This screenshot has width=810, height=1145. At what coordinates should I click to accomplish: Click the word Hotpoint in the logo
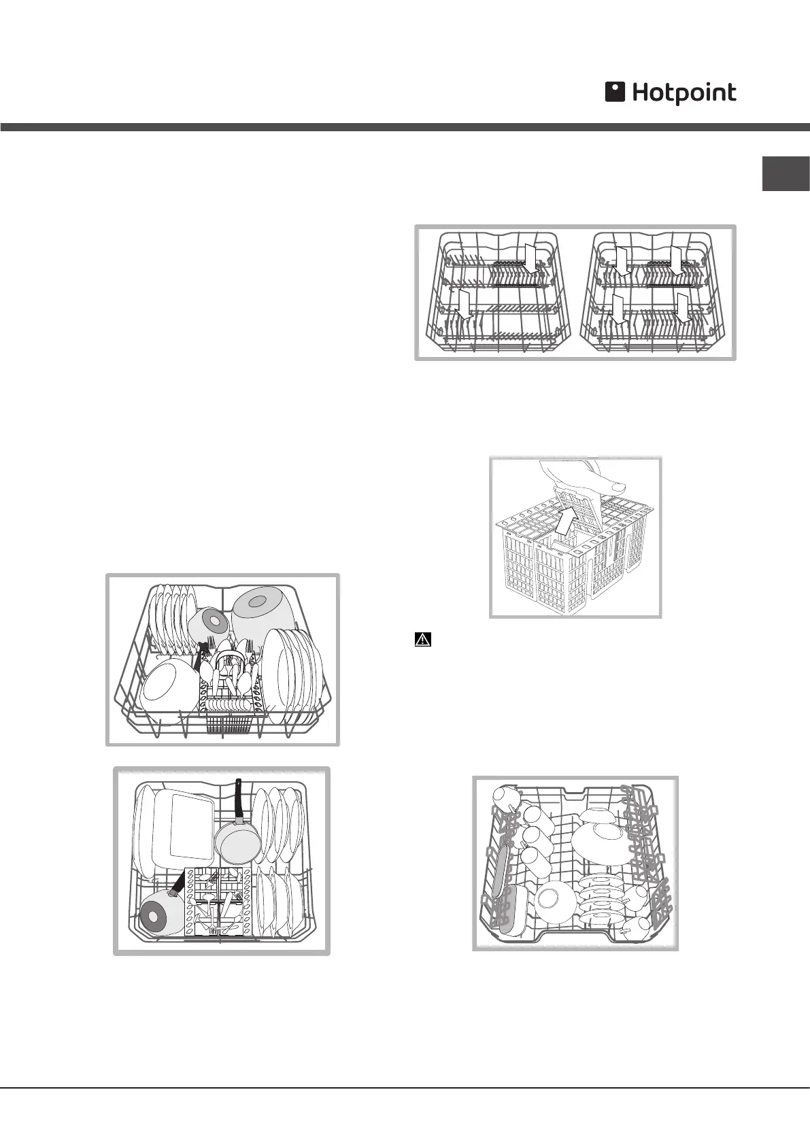(684, 93)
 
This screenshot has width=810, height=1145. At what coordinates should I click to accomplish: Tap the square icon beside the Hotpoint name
(615, 92)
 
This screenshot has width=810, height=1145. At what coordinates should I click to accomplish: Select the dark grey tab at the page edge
(786, 173)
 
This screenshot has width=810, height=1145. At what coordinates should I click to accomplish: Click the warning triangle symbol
(423, 640)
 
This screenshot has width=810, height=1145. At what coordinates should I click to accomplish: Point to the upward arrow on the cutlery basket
(564, 522)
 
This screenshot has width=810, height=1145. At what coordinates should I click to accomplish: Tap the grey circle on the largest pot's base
(258, 601)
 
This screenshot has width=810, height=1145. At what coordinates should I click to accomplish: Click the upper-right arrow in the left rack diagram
(533, 256)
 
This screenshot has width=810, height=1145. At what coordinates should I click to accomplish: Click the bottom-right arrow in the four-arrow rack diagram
(684, 308)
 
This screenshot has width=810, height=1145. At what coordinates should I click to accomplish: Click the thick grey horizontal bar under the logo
(405, 127)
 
